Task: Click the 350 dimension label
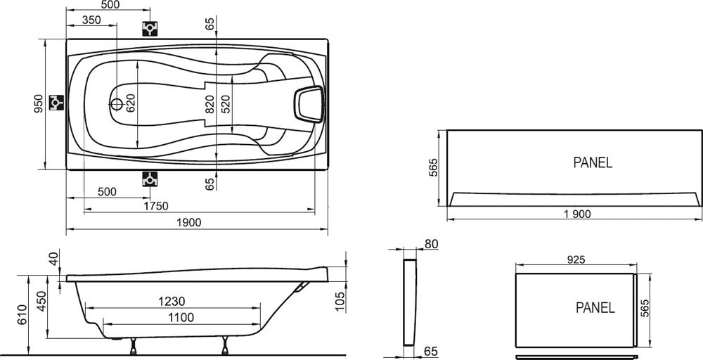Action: click(91, 20)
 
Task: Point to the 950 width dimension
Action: click(39, 103)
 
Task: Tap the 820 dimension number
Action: click(209, 104)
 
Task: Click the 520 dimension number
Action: click(226, 104)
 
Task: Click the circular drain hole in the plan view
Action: click(117, 105)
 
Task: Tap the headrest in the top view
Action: click(309, 105)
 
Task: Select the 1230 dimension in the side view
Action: click(173, 301)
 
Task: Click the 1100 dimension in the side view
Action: click(181, 317)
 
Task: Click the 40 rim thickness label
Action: click(54, 259)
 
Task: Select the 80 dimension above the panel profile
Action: click(432, 244)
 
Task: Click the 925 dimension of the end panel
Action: click(576, 259)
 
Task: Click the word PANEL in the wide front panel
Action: click(593, 162)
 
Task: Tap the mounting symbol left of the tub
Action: click(56, 103)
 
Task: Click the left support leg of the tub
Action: click(133, 346)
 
